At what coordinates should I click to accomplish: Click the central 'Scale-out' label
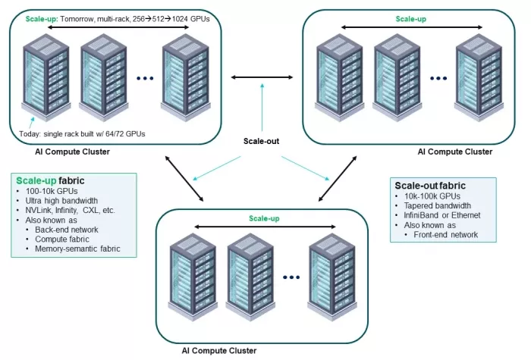click(x=261, y=141)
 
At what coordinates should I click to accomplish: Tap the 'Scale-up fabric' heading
click(x=50, y=180)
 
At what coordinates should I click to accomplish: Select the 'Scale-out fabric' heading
click(x=430, y=186)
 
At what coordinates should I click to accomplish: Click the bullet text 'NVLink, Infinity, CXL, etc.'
click(x=70, y=210)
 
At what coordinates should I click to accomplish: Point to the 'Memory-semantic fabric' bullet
click(x=77, y=249)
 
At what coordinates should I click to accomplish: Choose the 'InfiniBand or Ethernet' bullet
click(x=442, y=215)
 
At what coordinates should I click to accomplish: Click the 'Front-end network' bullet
click(x=446, y=234)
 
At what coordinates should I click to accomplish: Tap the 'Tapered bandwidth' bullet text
click(x=437, y=205)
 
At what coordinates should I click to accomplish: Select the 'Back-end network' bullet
click(x=67, y=230)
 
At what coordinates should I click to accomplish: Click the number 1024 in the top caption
click(x=180, y=19)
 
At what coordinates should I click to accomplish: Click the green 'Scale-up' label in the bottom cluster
click(x=264, y=218)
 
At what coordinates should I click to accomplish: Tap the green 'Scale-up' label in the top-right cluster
click(x=411, y=19)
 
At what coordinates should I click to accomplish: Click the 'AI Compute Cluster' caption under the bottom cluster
click(x=219, y=350)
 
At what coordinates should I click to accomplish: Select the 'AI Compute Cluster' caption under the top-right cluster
click(x=455, y=152)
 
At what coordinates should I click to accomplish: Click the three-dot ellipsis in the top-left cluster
click(x=145, y=78)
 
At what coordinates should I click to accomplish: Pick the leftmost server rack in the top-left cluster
click(x=46, y=77)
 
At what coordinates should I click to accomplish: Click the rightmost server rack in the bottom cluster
click(x=332, y=277)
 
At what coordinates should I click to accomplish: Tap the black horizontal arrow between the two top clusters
click(x=262, y=77)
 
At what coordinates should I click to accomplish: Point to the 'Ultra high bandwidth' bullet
click(x=61, y=200)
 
